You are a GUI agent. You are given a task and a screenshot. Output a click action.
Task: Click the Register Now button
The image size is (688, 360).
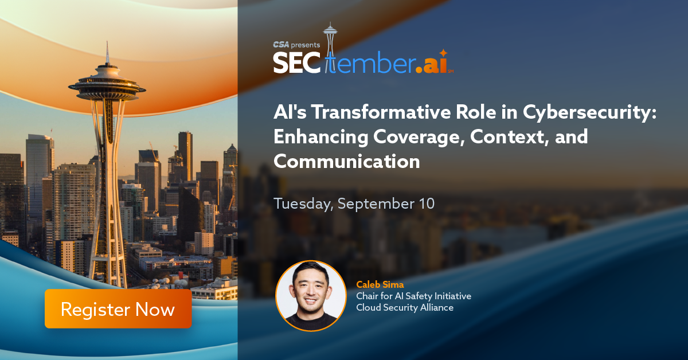118,309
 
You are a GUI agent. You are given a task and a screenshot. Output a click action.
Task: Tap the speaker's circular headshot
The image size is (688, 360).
311,296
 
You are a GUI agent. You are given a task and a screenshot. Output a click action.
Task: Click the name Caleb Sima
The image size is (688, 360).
380,285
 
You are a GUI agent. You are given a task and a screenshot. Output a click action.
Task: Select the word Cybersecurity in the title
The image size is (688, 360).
590,113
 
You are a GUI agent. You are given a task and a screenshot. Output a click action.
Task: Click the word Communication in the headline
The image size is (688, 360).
347,161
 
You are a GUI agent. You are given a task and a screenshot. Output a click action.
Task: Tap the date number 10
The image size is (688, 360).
427,204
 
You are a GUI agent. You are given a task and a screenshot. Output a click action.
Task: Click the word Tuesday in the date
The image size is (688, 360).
303,204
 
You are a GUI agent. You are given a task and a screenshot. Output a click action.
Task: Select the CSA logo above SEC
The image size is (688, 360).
281,45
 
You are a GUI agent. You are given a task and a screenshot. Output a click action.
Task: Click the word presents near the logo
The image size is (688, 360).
306,45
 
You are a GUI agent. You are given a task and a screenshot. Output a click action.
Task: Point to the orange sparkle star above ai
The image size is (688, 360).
443,53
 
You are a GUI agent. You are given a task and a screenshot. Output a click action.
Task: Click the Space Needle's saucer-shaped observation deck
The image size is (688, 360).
107,88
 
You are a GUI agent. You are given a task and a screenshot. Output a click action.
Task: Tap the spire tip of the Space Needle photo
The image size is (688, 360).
107,42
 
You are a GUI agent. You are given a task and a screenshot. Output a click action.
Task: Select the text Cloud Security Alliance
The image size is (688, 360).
405,307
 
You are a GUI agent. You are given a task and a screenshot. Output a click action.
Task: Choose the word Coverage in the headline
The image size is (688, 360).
419,137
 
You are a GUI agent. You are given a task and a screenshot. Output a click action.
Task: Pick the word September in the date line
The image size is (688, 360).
376,204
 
